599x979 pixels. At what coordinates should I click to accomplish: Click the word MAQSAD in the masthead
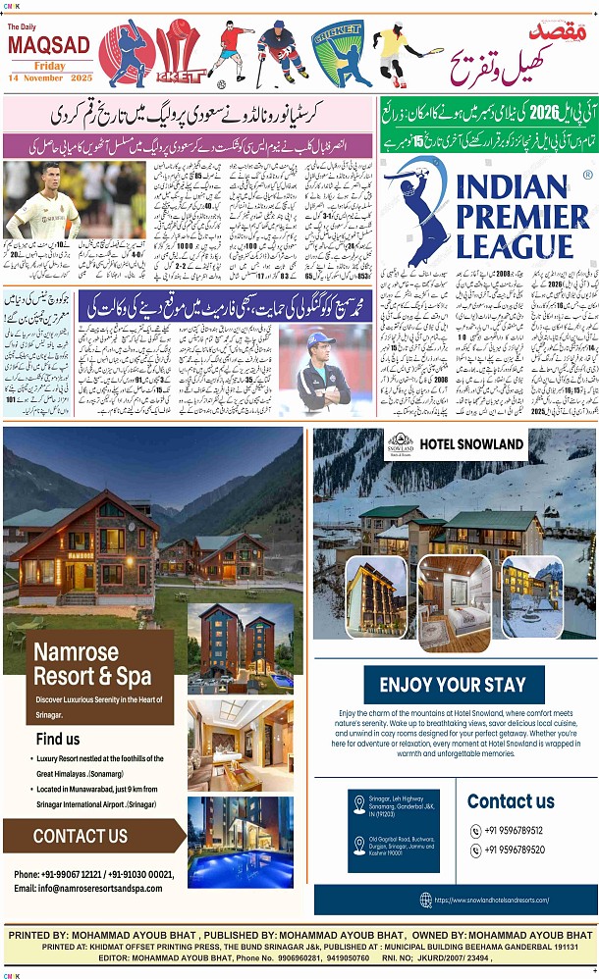(x=48, y=45)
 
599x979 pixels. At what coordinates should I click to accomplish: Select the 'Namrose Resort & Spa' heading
(x=92, y=663)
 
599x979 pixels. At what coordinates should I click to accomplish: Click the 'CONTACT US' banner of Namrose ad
(x=81, y=836)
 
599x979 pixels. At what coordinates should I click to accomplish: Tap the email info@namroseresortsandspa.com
(x=87, y=888)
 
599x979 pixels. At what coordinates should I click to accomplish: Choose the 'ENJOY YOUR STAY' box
(x=452, y=685)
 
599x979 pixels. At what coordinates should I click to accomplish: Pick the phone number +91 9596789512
(x=514, y=830)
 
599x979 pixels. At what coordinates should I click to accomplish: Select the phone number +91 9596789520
(x=514, y=850)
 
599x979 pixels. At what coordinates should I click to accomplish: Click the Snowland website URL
(x=491, y=900)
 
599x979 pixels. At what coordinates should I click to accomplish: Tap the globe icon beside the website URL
(x=425, y=900)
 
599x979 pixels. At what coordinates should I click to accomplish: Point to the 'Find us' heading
(x=58, y=738)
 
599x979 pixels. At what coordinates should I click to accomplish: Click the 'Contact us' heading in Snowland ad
(x=511, y=800)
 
